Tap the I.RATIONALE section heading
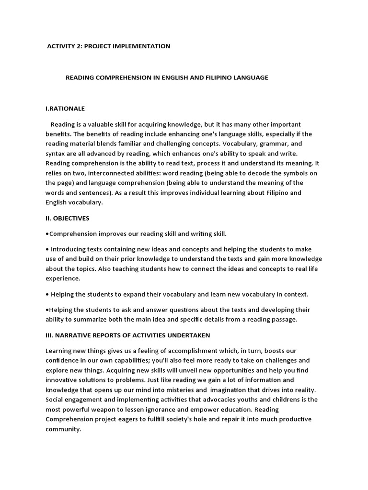click(65, 109)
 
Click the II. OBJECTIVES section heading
click(67, 218)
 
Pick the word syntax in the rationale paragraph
click(56, 153)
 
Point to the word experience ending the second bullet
click(63, 278)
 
